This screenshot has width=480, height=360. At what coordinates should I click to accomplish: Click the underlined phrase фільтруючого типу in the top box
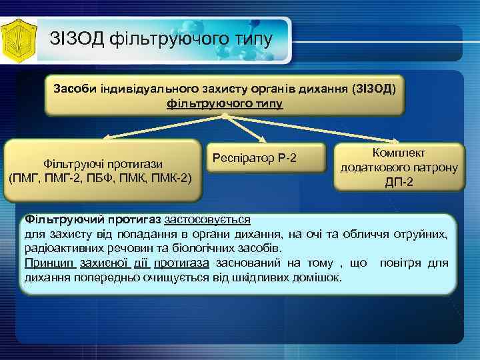tap(225, 104)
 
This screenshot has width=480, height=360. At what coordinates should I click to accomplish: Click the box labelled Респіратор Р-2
tap(254, 158)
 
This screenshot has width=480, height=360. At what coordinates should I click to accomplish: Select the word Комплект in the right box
tap(399, 154)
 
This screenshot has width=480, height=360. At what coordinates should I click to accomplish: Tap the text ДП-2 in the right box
tap(399, 182)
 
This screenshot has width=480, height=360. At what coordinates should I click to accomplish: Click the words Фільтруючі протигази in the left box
tap(103, 164)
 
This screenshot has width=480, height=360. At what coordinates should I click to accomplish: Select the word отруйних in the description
tap(425, 234)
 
